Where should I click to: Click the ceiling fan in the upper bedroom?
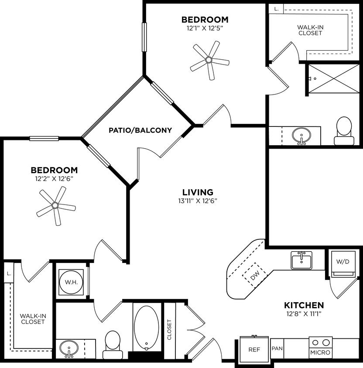click(x=209, y=60)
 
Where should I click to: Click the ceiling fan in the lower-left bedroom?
click(x=55, y=205)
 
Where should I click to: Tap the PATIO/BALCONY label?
click(x=140, y=130)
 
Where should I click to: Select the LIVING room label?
click(x=198, y=192)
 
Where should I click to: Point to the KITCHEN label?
click(x=304, y=305)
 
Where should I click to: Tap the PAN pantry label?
click(x=277, y=349)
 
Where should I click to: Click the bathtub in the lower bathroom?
click(x=146, y=327)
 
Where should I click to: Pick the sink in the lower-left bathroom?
click(x=68, y=349)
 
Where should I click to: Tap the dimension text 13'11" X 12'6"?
click(x=198, y=201)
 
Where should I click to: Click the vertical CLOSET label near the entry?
click(x=169, y=330)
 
